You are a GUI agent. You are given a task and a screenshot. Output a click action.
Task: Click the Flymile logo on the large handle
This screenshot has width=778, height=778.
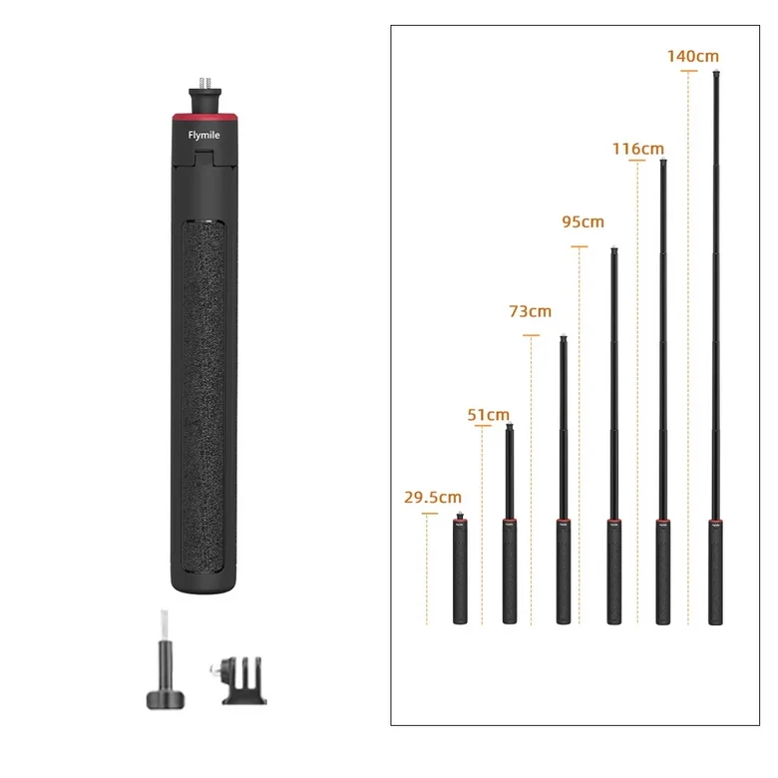coord(203,135)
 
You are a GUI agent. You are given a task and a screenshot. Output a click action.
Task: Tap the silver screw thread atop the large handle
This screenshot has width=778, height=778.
coord(204,83)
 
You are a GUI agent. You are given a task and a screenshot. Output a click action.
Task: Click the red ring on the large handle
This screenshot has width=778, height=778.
coord(204,117)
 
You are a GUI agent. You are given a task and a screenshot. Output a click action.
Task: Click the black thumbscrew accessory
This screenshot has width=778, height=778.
coord(166,667)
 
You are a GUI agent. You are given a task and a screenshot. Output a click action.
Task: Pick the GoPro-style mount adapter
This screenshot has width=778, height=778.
coord(240,680)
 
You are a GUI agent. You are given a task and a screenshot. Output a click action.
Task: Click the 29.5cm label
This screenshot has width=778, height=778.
coord(433,497)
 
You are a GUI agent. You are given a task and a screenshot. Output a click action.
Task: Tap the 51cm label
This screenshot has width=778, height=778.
coord(488,415)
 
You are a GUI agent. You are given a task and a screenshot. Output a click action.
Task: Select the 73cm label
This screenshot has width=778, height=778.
coord(530,311)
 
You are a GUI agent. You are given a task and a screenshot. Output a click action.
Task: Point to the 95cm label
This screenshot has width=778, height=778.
coord(583,221)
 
